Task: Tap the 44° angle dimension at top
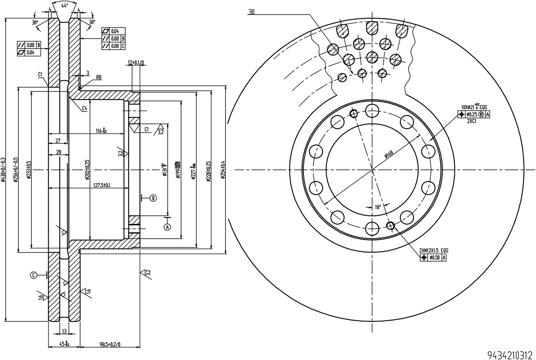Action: [64, 5]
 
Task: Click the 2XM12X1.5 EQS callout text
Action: [433, 251]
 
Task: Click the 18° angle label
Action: [377, 207]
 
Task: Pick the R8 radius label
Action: [99, 77]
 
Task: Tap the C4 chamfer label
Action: [84, 109]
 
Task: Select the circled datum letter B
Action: [153, 198]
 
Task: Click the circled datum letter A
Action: [167, 227]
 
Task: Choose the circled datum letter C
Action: [34, 275]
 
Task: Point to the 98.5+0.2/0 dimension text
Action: [110, 344]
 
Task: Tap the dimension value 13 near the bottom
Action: [64, 331]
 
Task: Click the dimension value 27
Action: [58, 141]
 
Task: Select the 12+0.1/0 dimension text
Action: [136, 62]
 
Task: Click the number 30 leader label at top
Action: [251, 12]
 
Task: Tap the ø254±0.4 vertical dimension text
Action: [223, 169]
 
